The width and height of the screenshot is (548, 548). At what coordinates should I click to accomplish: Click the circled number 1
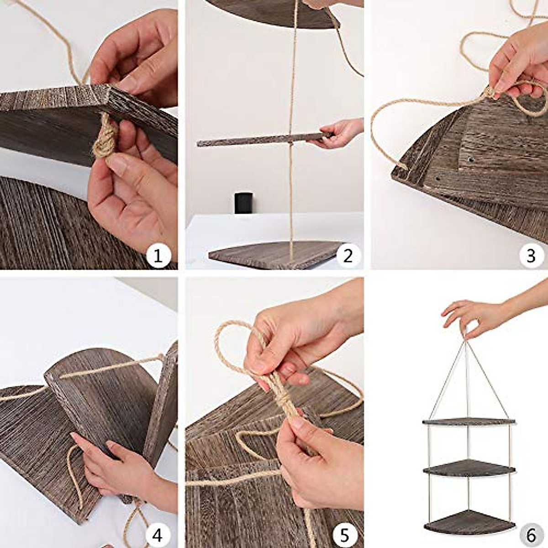pyautogui.click(x=158, y=256)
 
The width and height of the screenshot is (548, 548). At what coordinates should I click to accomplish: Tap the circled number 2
pyautogui.click(x=348, y=256)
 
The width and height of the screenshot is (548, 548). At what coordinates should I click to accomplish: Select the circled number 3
pyautogui.click(x=531, y=256)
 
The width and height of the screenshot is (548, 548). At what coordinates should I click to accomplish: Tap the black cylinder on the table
pyautogui.click(x=243, y=203)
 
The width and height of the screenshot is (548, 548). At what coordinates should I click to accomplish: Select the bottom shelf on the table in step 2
pyautogui.click(x=274, y=255)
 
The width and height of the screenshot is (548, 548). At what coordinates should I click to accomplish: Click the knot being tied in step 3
pyautogui.click(x=489, y=91)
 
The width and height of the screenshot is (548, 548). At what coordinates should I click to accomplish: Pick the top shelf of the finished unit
pyautogui.click(x=469, y=422)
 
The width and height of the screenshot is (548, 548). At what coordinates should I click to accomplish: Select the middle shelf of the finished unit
pyautogui.click(x=469, y=468)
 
